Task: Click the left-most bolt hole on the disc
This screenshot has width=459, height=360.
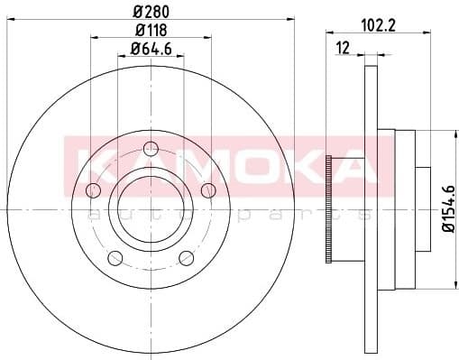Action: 92,190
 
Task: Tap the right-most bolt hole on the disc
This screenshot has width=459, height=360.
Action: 208,189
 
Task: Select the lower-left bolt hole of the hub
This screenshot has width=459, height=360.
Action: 115,259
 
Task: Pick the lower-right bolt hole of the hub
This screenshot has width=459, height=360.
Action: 187,258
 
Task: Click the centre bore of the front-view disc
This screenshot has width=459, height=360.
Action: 151,211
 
